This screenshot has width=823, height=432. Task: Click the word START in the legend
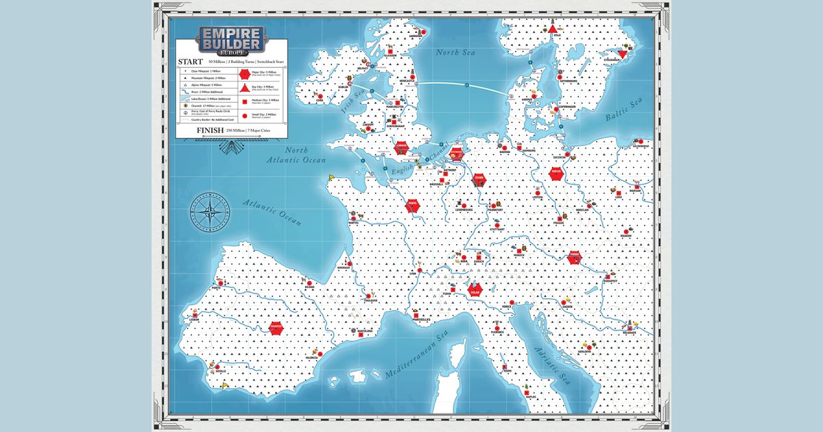pyautogui.click(x=191, y=62)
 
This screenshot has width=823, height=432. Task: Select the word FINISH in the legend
pyautogui.click(x=210, y=130)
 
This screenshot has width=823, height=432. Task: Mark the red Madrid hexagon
pyautogui.click(x=277, y=328)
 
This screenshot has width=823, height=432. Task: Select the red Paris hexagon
pyautogui.click(x=412, y=204)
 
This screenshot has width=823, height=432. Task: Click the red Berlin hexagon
pyautogui.click(x=556, y=173)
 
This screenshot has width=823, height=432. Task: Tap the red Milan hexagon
pyautogui.click(x=474, y=291)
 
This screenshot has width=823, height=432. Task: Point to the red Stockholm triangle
pyautogui.click(x=623, y=54)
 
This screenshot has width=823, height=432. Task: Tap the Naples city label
pyautogui.click(x=530, y=395)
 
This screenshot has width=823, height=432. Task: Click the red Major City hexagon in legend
pyautogui.click(x=244, y=73)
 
